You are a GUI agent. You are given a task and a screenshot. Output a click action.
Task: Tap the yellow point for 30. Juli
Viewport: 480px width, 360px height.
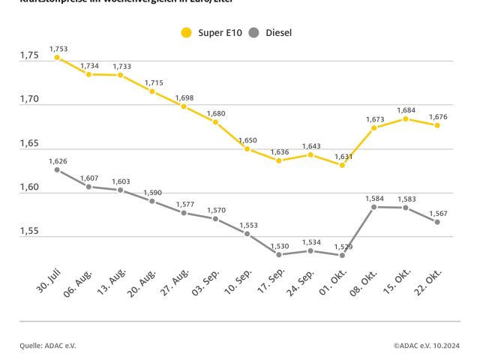click(x=57, y=57)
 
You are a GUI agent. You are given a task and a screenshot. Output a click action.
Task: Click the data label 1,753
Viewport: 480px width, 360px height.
click(x=58, y=48)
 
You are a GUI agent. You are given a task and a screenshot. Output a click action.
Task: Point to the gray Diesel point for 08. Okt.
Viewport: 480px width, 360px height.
click(x=373, y=206)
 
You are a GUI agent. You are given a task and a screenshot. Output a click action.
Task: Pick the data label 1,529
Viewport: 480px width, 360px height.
click(x=342, y=246)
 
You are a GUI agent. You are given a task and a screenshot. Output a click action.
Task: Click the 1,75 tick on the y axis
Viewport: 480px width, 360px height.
click(x=29, y=56)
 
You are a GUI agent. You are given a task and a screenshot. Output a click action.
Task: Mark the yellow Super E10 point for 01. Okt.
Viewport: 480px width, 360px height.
click(x=342, y=165)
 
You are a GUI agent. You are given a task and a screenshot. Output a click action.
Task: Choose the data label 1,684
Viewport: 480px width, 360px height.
click(x=406, y=110)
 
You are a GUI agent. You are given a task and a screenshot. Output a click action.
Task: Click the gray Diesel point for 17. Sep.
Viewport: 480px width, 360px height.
click(x=278, y=254)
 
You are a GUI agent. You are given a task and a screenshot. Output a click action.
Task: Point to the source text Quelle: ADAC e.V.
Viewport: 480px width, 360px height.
click(x=48, y=345)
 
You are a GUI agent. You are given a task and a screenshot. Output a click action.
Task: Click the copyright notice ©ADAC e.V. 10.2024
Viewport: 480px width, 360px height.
click(x=426, y=345)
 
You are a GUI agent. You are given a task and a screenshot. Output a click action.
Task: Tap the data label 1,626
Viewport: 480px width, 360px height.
click(x=58, y=160)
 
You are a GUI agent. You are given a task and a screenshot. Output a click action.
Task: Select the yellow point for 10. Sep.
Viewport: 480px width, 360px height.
click(x=247, y=148)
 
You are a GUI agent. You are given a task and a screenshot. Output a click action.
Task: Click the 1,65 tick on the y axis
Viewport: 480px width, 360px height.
click(x=29, y=144)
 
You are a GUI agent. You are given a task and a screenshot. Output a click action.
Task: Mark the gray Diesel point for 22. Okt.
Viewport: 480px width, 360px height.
click(x=437, y=222)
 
